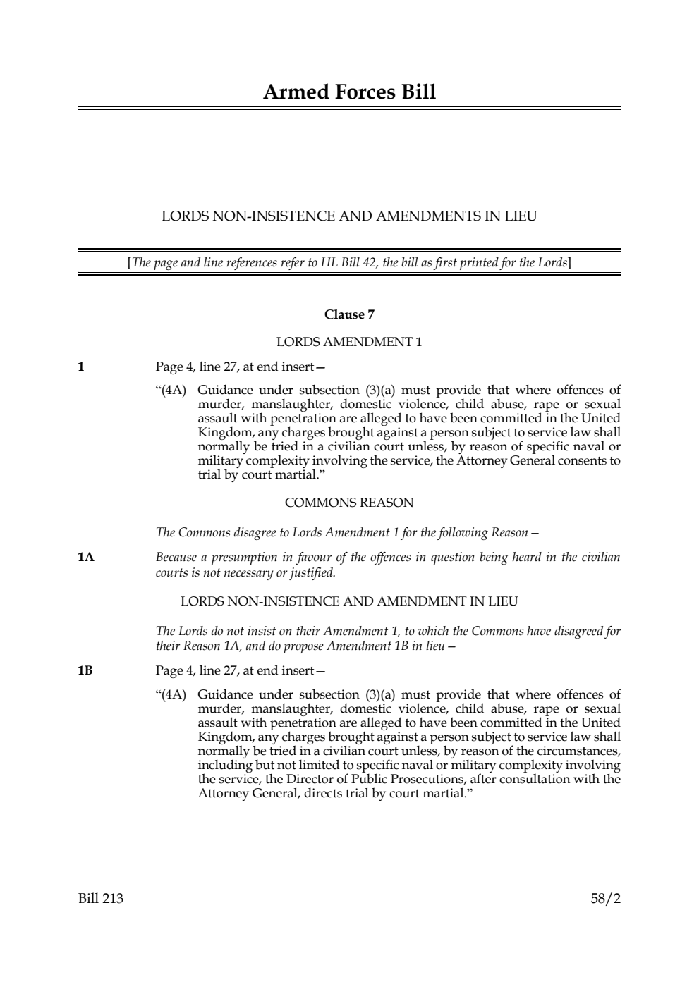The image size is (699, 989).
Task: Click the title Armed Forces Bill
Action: point(349,92)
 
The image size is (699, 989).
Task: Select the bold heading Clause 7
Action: point(349,314)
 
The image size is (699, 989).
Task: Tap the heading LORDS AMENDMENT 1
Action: point(349,342)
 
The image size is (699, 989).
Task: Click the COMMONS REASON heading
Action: point(349,503)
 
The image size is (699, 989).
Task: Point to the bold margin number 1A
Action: point(85,558)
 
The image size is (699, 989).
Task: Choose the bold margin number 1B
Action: point(85,670)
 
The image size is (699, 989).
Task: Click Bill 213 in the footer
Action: point(101,899)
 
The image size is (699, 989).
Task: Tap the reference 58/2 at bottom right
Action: point(606,899)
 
